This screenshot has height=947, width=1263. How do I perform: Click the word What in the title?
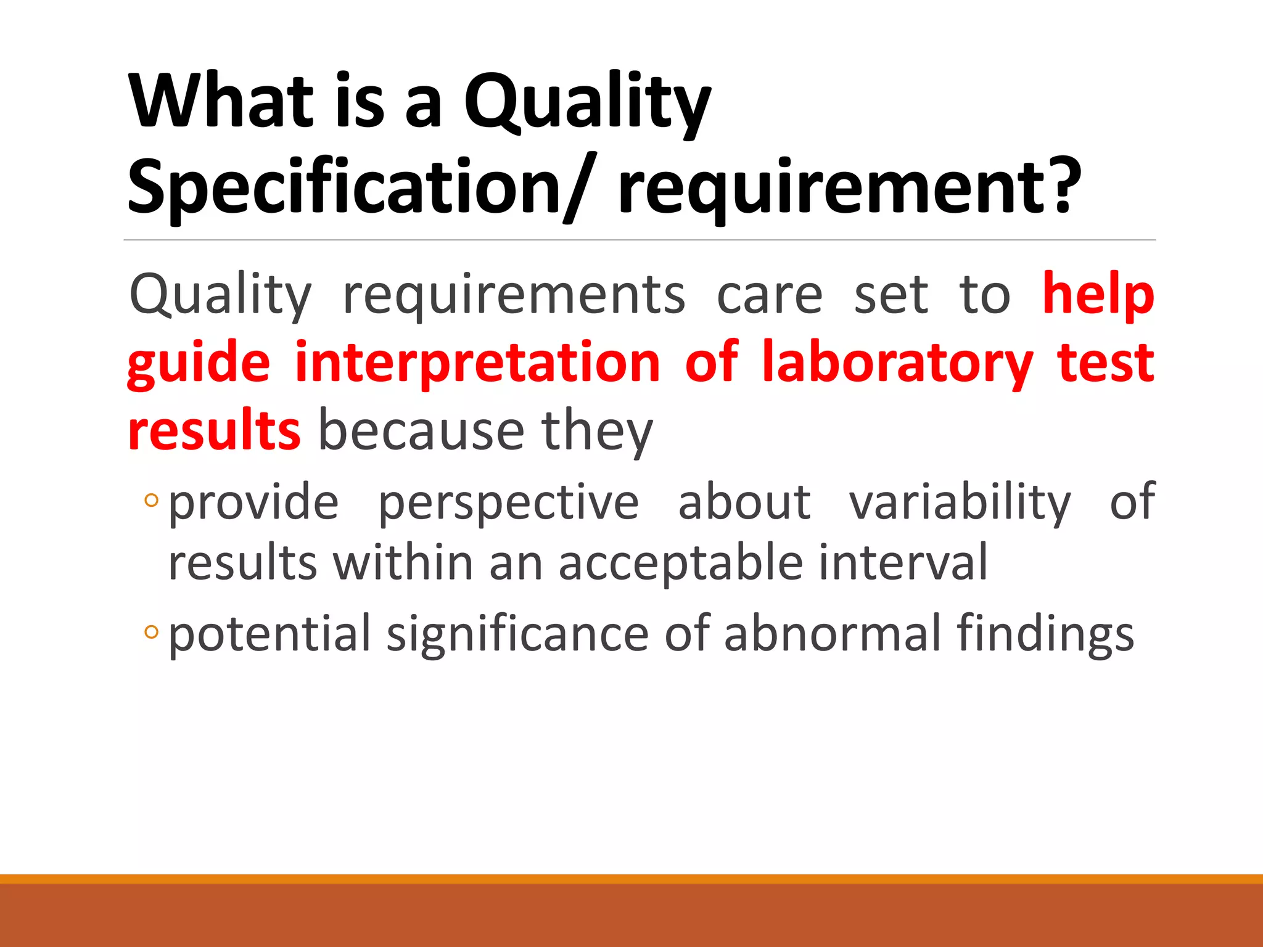(x=221, y=101)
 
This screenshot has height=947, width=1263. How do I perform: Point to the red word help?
(x=1098, y=295)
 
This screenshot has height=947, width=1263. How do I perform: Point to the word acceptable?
(x=681, y=564)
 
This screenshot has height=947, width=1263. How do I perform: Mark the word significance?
(x=517, y=634)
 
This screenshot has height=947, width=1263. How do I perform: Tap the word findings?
(x=1045, y=634)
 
